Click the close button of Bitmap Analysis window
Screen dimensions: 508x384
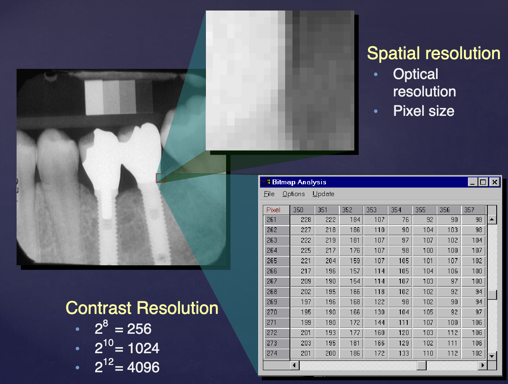click(495, 182)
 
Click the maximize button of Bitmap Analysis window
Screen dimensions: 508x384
click(483, 182)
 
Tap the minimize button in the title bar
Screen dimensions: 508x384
click(472, 182)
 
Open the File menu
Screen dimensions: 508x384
click(269, 194)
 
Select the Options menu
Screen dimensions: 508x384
click(294, 194)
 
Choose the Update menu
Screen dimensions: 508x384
click(323, 194)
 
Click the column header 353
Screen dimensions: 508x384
click(375, 210)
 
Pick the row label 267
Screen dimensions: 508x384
click(276, 282)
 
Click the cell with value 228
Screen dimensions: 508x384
click(302, 220)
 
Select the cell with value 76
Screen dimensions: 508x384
click(400, 220)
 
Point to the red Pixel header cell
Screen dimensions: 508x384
click(276, 210)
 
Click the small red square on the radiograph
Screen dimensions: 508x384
click(161, 178)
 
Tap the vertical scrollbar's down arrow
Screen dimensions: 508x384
click(492, 356)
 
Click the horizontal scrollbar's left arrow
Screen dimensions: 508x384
click(294, 365)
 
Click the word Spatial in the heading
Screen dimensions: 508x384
click(394, 53)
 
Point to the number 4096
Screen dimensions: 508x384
click(144, 367)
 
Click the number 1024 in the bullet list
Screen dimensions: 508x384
click(144, 348)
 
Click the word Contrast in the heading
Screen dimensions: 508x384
click(99, 308)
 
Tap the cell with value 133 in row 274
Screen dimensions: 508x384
click(400, 353)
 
